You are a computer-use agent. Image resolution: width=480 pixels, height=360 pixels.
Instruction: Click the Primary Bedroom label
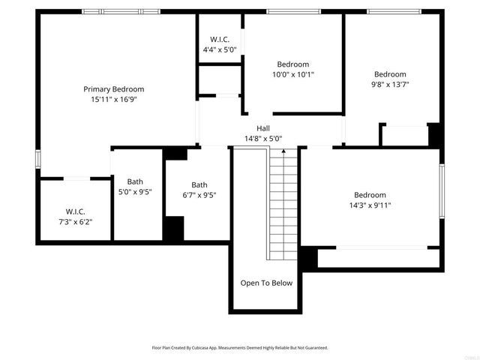[113, 88]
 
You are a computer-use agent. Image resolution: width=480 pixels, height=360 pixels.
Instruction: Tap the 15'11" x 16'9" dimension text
[113, 98]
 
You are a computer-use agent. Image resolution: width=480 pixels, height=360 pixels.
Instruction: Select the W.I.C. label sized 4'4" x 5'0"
[219, 40]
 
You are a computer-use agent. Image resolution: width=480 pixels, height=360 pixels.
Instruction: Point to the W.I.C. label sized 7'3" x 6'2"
[76, 211]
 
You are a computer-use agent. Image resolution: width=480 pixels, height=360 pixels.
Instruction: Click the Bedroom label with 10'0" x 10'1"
[292, 64]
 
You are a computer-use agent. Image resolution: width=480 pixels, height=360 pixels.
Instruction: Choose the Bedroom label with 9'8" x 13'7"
[390, 74]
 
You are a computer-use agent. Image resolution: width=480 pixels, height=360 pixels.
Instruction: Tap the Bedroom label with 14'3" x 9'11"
[370, 194]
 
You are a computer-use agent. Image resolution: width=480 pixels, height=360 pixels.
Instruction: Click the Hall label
[263, 128]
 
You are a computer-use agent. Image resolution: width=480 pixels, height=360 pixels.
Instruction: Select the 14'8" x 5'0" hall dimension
[263, 138]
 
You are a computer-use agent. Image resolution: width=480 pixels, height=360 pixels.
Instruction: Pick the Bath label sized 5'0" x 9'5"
[135, 181]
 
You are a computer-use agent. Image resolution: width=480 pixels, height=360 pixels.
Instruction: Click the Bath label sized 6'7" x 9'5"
[199, 185]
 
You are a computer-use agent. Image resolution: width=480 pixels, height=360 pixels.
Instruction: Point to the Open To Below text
[266, 283]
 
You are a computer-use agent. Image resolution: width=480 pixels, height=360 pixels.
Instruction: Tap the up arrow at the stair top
[283, 152]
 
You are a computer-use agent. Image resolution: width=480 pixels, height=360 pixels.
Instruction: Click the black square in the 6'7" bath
[174, 228]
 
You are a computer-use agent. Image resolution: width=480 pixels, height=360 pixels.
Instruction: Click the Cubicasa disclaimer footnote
[240, 348]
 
